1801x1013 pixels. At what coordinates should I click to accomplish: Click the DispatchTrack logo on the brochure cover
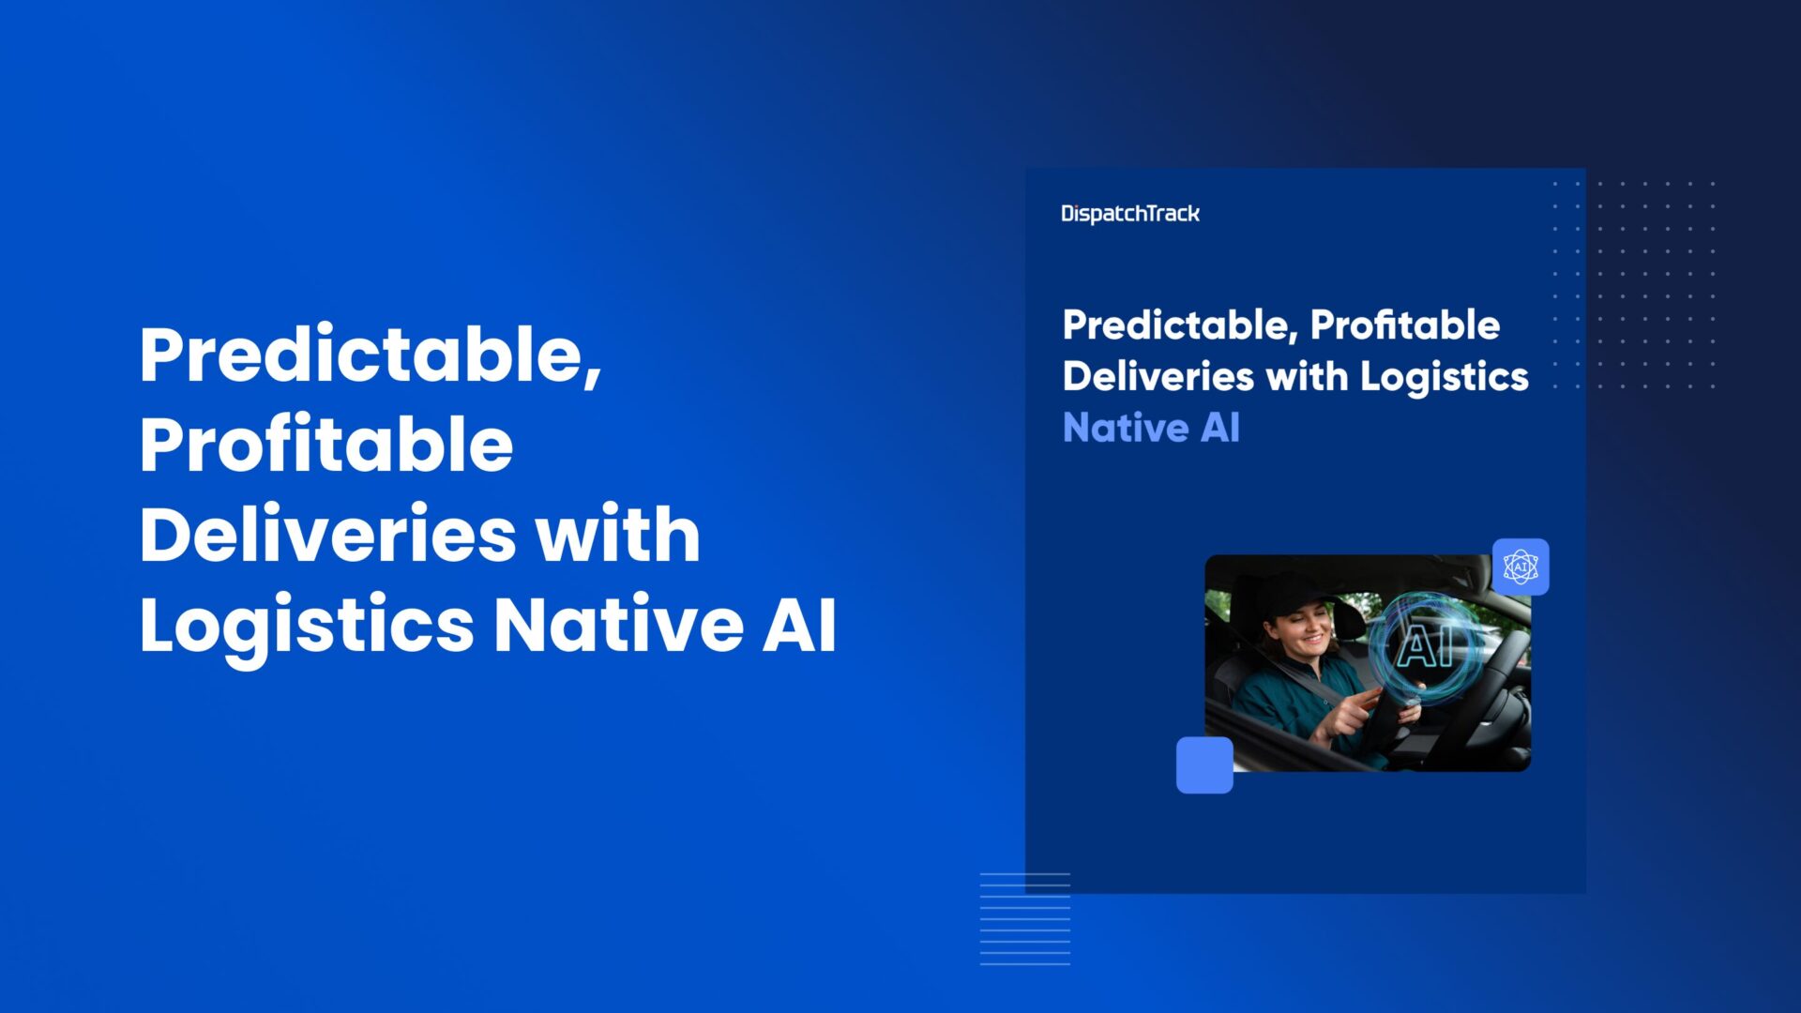tap(1130, 214)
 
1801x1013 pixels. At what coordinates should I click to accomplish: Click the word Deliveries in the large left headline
tap(327, 534)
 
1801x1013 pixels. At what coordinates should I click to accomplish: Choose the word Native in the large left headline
tap(618, 624)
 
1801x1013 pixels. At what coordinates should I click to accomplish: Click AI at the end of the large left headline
tap(798, 624)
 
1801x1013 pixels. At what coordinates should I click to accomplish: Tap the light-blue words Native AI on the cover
tap(1151, 429)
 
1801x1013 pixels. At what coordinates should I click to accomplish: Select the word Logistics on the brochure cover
tap(1445, 377)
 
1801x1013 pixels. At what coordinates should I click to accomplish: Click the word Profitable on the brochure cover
tap(1404, 325)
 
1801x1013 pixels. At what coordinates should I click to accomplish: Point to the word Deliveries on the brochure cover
tap(1158, 376)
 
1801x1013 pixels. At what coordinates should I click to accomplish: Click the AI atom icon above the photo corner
tap(1521, 567)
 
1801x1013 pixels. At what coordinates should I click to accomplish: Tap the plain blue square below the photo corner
tap(1204, 765)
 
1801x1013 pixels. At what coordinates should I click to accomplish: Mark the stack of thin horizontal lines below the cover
tap(1025, 919)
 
